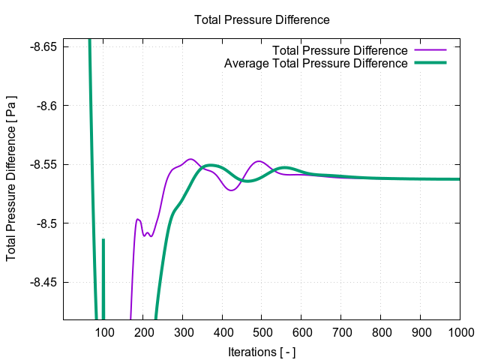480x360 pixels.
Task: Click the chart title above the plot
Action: click(x=262, y=19)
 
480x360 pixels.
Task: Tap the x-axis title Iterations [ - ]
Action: click(x=262, y=351)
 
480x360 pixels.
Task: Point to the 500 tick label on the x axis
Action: click(x=262, y=332)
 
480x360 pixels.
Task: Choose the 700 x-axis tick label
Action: click(x=340, y=332)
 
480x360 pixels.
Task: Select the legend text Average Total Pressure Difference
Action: click(x=316, y=63)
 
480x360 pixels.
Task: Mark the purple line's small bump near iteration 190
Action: click(x=138, y=219)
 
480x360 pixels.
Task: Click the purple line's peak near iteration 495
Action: click(x=259, y=161)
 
